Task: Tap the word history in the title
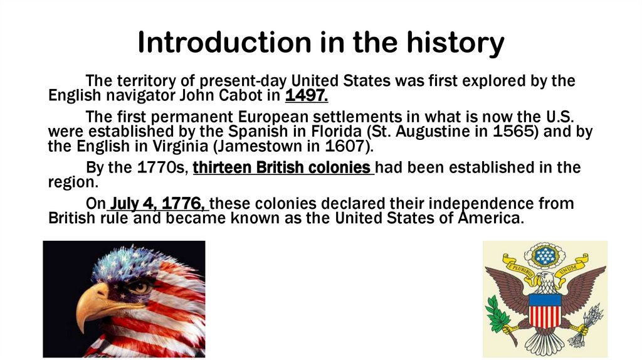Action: point(457,43)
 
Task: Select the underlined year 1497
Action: point(307,96)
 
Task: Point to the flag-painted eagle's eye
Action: point(140,287)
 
